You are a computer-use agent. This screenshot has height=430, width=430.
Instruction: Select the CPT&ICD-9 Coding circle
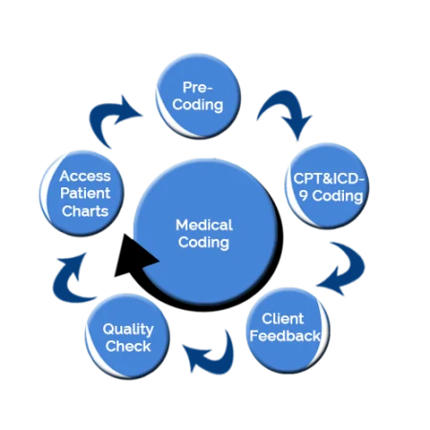[x=327, y=185]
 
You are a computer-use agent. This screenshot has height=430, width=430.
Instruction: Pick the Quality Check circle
[x=127, y=336]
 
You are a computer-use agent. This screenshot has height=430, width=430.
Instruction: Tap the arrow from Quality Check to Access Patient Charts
[x=68, y=278]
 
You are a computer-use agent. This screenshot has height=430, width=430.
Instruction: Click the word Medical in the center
[x=204, y=225]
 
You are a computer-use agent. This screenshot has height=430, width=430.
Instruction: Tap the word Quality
[x=128, y=329]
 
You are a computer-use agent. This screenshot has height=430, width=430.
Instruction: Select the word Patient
[x=85, y=194]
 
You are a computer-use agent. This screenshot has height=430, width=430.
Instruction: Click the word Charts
[x=85, y=210]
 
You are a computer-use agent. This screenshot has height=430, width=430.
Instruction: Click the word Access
[x=85, y=177]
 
